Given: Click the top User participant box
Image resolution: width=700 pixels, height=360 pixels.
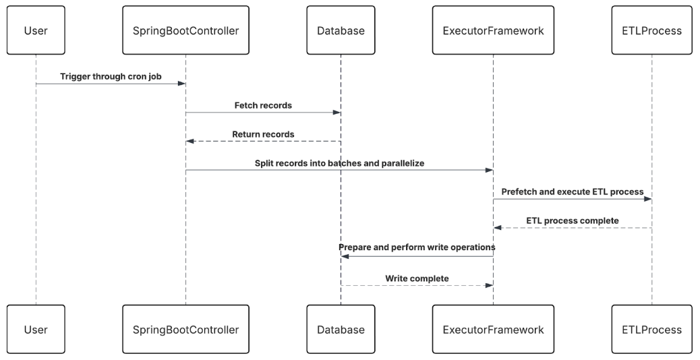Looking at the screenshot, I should click(x=36, y=30).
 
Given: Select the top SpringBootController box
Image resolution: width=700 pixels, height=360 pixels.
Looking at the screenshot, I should click(x=185, y=30).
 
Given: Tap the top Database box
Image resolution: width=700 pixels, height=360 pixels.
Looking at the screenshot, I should click(x=341, y=30).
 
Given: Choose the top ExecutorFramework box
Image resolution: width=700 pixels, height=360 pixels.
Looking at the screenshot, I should click(x=493, y=30).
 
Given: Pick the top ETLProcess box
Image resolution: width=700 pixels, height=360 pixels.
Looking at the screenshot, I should click(x=651, y=30).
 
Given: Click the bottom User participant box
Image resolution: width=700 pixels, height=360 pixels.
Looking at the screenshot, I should click(x=36, y=330).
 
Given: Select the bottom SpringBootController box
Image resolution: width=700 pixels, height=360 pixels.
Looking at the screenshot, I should click(x=185, y=330).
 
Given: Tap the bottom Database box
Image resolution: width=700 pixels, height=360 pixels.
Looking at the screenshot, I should click(x=341, y=330).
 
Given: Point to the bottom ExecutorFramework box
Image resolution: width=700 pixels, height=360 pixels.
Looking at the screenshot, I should click(x=493, y=330).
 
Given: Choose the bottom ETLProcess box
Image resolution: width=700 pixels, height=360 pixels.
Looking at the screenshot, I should click(x=651, y=330).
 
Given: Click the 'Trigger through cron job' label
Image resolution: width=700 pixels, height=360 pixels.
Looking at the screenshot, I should click(x=111, y=77).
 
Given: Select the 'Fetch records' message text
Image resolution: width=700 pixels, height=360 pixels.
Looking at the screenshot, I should click(x=263, y=106).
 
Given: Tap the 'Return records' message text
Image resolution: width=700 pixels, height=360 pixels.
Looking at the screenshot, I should click(x=263, y=134).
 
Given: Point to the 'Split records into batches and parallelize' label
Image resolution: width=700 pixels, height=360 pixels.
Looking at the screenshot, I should click(x=339, y=163).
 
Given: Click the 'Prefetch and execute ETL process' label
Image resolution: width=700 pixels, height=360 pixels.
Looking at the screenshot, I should click(x=573, y=191).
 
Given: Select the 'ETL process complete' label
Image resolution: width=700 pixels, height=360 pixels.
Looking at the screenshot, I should click(x=573, y=220).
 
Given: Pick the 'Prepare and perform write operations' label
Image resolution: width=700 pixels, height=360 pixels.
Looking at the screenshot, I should click(x=417, y=248).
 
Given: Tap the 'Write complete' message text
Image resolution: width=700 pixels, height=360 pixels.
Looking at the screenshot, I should click(x=417, y=278).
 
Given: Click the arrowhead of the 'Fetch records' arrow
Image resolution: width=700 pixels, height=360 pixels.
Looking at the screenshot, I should click(x=337, y=113).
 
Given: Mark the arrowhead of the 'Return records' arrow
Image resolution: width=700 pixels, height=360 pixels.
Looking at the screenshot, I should click(x=190, y=141).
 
